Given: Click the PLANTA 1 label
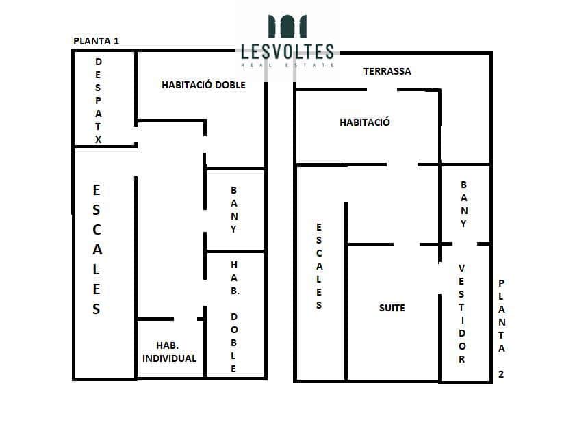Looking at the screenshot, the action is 96,41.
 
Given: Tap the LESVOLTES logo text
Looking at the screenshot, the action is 287,52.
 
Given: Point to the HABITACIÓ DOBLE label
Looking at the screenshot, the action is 203,85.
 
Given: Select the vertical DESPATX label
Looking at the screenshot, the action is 98,101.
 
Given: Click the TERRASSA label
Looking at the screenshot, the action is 387,71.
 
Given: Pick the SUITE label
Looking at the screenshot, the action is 392,308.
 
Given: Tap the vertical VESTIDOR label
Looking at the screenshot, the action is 461,313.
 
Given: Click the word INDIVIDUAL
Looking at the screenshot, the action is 170,358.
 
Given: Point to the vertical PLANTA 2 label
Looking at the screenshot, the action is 501,328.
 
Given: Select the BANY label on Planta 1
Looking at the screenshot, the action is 234,209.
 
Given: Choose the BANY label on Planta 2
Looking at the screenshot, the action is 464,204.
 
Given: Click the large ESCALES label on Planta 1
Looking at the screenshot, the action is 97,250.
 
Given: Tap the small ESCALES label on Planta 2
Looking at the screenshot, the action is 319,266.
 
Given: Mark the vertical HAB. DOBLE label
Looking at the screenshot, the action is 234,317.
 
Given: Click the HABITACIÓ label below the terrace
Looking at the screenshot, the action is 365,122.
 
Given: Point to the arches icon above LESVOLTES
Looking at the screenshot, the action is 287,27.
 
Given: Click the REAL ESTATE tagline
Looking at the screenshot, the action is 287,65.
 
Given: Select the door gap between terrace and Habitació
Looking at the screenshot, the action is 382,89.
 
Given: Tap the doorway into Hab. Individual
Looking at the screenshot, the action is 186,319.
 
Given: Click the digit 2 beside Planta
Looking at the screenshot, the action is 501,374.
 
